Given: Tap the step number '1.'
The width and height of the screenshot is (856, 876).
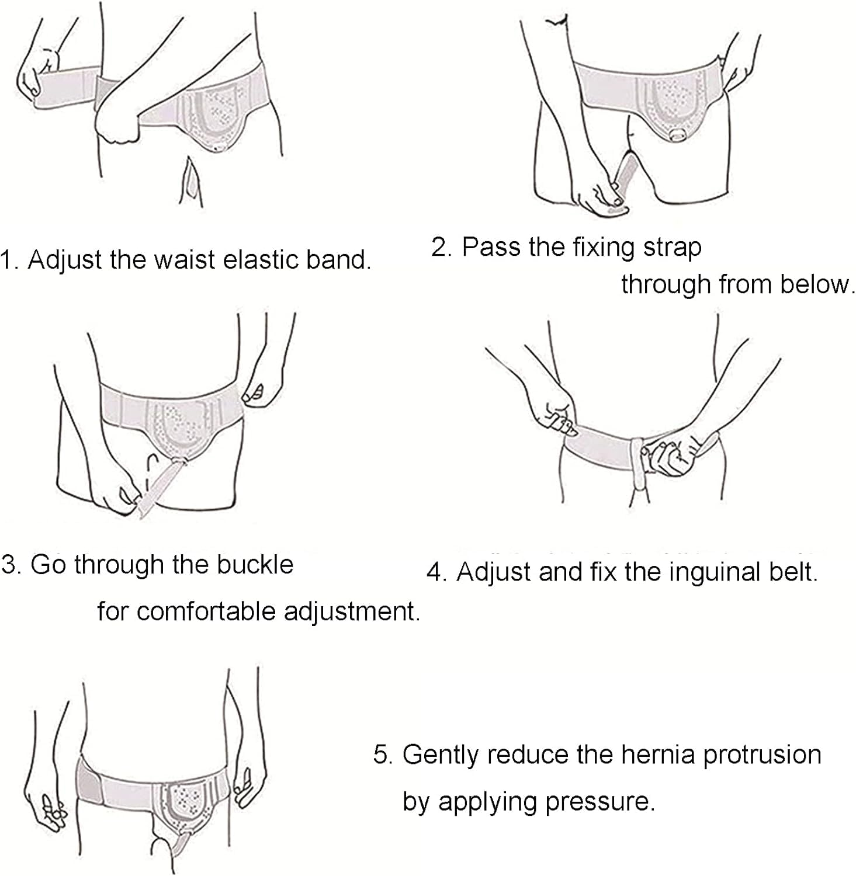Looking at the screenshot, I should click(10, 260).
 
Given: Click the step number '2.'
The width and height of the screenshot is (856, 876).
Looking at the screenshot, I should click(442, 247).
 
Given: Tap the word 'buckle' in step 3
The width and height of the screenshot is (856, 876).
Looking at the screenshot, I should click(255, 564).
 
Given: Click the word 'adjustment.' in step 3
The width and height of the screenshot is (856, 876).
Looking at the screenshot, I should click(352, 612).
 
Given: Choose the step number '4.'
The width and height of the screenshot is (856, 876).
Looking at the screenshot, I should click(436, 572).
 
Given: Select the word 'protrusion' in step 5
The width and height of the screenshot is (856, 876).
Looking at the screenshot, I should click(762, 755).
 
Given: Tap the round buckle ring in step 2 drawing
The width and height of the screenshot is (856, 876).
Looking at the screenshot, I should click(678, 135).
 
